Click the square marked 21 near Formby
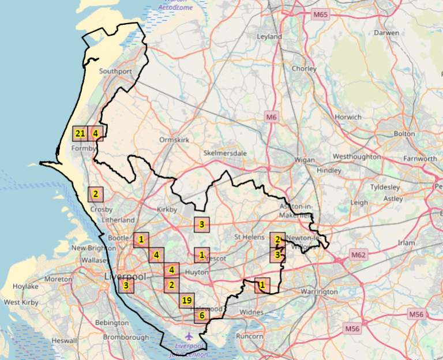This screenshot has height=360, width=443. coord(80,134)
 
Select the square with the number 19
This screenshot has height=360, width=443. coord(186,301)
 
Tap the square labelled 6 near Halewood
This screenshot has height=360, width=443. coord(201,316)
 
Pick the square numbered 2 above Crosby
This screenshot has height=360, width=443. coord(95,194)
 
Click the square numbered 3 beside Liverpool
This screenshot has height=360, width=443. coord(126,285)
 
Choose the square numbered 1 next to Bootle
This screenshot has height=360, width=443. coord(141,239)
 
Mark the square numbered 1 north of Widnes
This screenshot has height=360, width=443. coord(262,284)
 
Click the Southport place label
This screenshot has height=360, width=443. coord(115,72)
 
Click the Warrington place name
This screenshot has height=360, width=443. coord(318,292)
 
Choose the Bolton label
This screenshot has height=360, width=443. coord(404,134)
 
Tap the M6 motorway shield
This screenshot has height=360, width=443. coord(272,117)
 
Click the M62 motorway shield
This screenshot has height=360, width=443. coord(358,254)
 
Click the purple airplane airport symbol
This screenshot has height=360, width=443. coord(189,336)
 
